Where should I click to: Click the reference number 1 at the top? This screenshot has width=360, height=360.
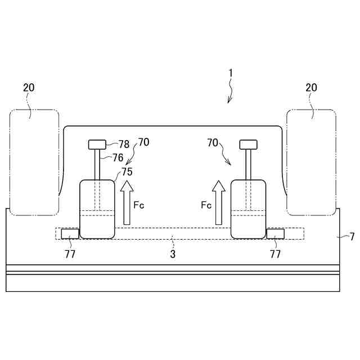[231, 74]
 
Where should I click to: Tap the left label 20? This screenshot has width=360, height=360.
[29, 88]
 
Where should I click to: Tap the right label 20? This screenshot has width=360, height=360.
[311, 88]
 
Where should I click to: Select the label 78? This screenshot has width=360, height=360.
[124, 145]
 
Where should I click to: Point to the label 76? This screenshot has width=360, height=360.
[118, 157]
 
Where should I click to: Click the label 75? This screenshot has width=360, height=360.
[127, 172]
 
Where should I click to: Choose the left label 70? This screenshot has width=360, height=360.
[144, 142]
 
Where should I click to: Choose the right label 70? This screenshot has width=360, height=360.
[213, 143]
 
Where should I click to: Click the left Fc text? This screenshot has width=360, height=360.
[139, 205]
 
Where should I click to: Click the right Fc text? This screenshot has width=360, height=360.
[206, 205]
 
